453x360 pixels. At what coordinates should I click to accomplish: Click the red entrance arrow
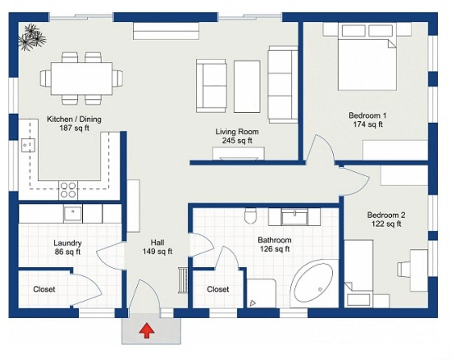[147, 331]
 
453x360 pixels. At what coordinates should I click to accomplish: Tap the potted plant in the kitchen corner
[32, 38]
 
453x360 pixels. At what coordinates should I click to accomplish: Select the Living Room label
[237, 132]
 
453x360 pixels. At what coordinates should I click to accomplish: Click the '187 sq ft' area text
[74, 128]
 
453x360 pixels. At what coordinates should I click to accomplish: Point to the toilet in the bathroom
[250, 215]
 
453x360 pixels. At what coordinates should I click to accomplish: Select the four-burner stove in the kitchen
[68, 190]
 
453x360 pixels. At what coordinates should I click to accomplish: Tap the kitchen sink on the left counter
[28, 145]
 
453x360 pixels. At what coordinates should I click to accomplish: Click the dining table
[82, 79]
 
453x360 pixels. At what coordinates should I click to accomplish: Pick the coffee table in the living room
[247, 87]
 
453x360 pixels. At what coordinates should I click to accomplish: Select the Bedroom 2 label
[386, 215]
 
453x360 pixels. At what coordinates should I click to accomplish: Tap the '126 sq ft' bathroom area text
[275, 249]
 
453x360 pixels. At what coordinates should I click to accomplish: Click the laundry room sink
[73, 214]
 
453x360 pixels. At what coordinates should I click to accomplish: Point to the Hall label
[157, 242]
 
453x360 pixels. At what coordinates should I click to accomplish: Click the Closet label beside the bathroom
[218, 289]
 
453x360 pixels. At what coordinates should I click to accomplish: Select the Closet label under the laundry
[44, 289]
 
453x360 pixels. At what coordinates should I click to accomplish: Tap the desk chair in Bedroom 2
[404, 269]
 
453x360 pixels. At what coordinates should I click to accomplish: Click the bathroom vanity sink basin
[294, 217]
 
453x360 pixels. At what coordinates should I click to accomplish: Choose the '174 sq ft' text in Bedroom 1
[368, 125]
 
